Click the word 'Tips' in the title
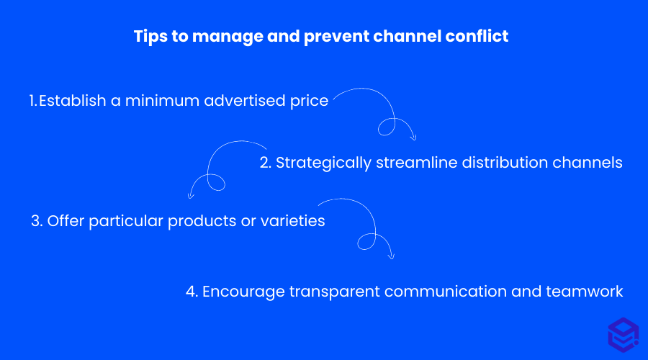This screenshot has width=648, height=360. tap(149, 36)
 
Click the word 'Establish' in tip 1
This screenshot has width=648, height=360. tap(72, 101)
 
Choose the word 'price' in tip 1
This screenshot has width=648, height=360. tap(310, 101)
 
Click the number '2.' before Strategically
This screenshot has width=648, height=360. tap(265, 163)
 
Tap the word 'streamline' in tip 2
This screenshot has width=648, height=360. tap(413, 163)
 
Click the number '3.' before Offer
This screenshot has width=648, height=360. tap(37, 221)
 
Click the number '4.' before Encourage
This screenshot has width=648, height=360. tap(192, 292)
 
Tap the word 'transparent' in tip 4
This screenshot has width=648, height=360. tap(331, 292)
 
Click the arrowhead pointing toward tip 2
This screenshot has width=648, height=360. tap(413, 137)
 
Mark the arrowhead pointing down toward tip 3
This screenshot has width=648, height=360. tap(191, 194)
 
